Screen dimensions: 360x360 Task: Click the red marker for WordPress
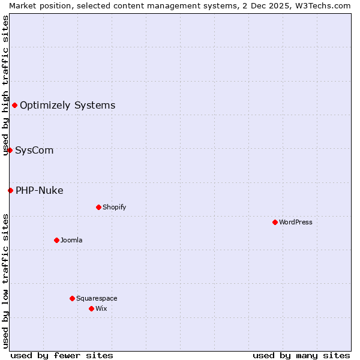(x=275, y=222)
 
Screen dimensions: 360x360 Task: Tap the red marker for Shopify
(x=98, y=207)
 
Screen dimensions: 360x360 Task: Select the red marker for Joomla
(x=56, y=240)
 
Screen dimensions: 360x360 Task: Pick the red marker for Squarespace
(x=72, y=298)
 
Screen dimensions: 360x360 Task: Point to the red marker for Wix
(x=91, y=308)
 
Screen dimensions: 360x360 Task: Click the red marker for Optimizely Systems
(x=14, y=106)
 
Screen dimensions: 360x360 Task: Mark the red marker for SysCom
(x=10, y=150)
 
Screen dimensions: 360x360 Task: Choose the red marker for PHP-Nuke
(x=10, y=190)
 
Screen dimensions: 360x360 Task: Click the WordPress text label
(x=296, y=222)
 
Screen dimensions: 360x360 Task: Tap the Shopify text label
(x=114, y=207)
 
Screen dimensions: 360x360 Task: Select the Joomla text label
(x=71, y=240)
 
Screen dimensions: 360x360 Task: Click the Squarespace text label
(x=97, y=298)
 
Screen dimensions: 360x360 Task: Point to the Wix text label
(x=101, y=308)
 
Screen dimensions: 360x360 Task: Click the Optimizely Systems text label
(x=67, y=106)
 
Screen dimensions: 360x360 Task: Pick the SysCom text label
(x=34, y=150)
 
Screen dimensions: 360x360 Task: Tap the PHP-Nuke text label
(x=39, y=191)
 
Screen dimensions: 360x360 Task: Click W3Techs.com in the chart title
(x=325, y=5)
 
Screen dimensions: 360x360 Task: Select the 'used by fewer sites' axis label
(x=62, y=355)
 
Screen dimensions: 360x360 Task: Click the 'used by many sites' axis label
(x=301, y=355)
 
